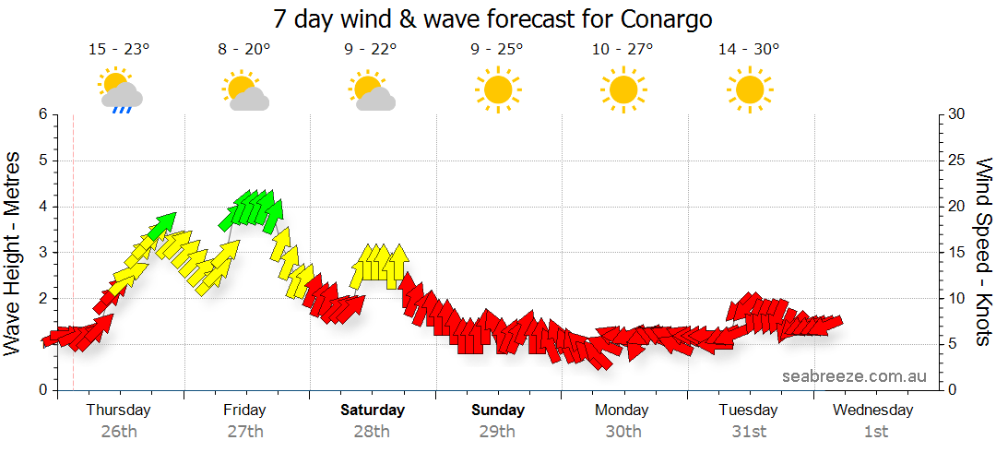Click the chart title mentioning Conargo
(493, 18)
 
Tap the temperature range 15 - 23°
(118, 50)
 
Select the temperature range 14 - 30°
(749, 50)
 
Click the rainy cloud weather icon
(120, 90)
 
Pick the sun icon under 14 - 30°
(749, 89)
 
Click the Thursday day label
(118, 410)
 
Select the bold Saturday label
(373, 410)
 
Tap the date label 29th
(498, 431)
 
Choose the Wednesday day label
(875, 410)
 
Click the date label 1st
(875, 431)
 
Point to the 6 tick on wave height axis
(41, 114)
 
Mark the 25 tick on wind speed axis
(958, 161)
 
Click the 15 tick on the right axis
(958, 252)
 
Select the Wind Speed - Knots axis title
(983, 252)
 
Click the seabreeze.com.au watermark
(854, 375)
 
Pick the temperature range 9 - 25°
(497, 50)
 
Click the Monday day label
(622, 410)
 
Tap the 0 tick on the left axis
(41, 390)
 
